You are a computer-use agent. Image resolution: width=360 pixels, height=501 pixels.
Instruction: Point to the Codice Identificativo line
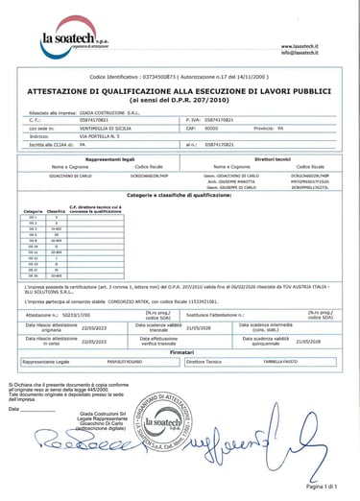point(180,74)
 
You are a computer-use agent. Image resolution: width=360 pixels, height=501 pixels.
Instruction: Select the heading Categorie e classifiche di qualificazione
point(180,194)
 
